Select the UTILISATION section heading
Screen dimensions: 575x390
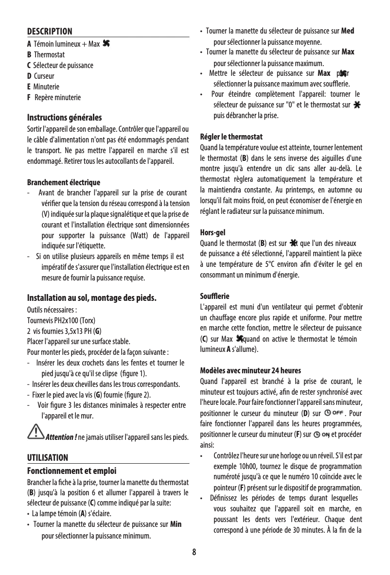(47, 458)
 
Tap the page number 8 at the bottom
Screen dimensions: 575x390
(195, 552)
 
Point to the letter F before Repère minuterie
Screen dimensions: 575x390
(29, 97)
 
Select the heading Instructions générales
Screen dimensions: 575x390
(64, 118)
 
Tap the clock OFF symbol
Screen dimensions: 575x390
(334, 413)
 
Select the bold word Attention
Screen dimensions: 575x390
(60, 436)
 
